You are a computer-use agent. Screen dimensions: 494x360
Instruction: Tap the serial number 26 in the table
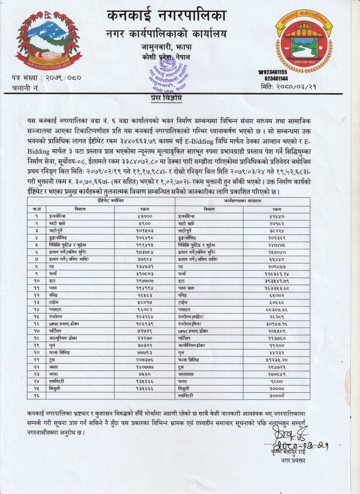(37, 395)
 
